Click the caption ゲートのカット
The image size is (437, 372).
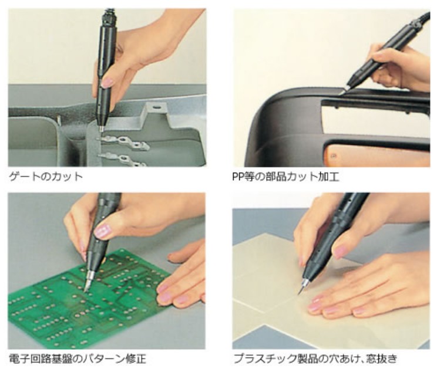pos(46,177)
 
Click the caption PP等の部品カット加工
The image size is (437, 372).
pos(286,177)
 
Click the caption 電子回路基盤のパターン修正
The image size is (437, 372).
pos(78,359)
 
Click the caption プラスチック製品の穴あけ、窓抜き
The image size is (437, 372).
pos(315,359)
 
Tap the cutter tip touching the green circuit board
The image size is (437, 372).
pos(86,291)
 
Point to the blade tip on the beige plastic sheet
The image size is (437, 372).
pos(299,293)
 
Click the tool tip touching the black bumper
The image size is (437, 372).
pos(341,94)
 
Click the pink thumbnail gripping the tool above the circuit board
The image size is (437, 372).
pos(102,231)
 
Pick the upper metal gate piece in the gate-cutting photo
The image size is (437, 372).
pos(123,142)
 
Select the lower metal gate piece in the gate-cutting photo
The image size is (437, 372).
pos(123,159)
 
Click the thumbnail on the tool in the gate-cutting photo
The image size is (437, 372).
pos(106,83)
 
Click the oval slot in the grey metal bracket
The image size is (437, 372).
pos(156,106)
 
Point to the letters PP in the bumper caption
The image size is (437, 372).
pos(238,177)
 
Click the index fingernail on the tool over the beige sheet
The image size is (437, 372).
pos(341,252)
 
